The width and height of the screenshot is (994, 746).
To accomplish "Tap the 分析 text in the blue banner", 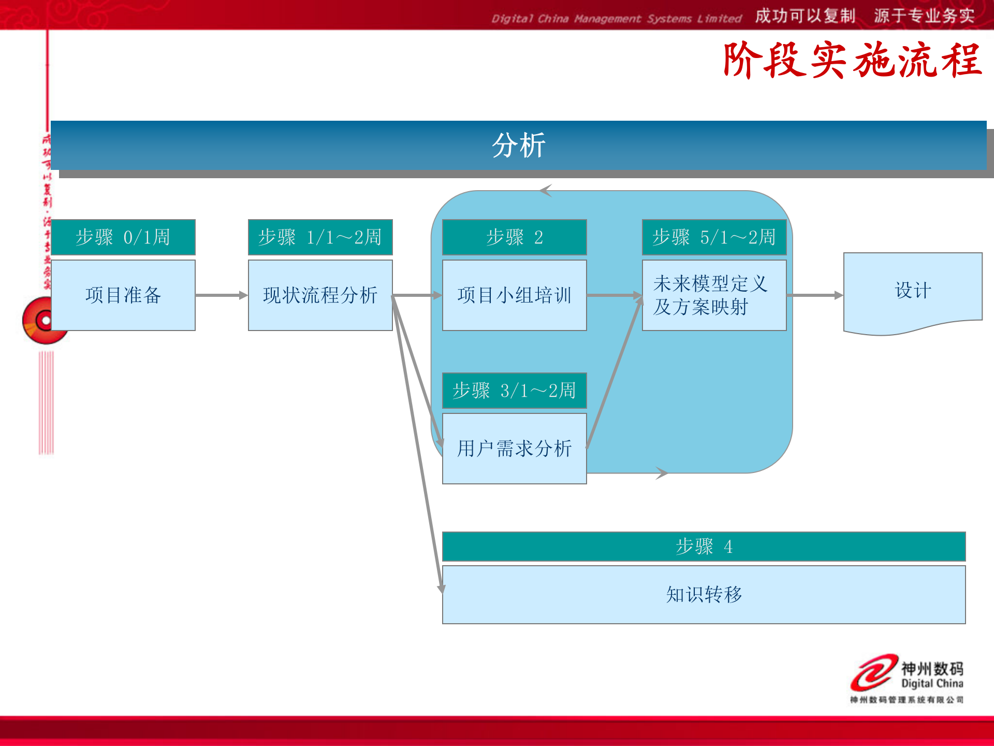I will pyautogui.click(x=518, y=145).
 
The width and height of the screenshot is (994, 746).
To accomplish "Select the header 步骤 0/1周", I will pyautogui.click(x=123, y=237).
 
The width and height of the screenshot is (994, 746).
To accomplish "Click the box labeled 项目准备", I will pyautogui.click(x=123, y=295).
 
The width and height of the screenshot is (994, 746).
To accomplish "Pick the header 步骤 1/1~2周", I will pyautogui.click(x=320, y=237).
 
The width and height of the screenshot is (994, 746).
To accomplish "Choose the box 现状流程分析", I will pyautogui.click(x=320, y=295).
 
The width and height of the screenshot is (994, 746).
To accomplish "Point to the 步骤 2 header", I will pyautogui.click(x=514, y=237).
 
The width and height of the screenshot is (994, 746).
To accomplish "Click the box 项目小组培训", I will pyautogui.click(x=514, y=295).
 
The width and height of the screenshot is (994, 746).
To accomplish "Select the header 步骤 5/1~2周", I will pyautogui.click(x=714, y=237).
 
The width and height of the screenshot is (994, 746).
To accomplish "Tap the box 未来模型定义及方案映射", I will pyautogui.click(x=714, y=295).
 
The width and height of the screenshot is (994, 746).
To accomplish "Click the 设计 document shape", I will pyautogui.click(x=913, y=290).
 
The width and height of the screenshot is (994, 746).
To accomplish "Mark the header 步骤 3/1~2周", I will pyautogui.click(x=514, y=391).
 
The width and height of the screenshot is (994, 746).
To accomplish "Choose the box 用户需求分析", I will pyautogui.click(x=514, y=449).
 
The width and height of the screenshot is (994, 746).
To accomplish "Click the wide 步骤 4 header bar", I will pyautogui.click(x=704, y=547).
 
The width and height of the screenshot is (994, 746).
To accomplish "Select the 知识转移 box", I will pyautogui.click(x=704, y=595).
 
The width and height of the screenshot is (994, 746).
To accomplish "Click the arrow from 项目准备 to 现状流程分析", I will pyautogui.click(x=222, y=295).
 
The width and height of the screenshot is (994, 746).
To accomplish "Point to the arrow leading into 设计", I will pyautogui.click(x=815, y=295).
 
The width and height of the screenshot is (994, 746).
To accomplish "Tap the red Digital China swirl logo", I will pyautogui.click(x=874, y=672).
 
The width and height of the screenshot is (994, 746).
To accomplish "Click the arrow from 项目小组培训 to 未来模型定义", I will pyautogui.click(x=614, y=295).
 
